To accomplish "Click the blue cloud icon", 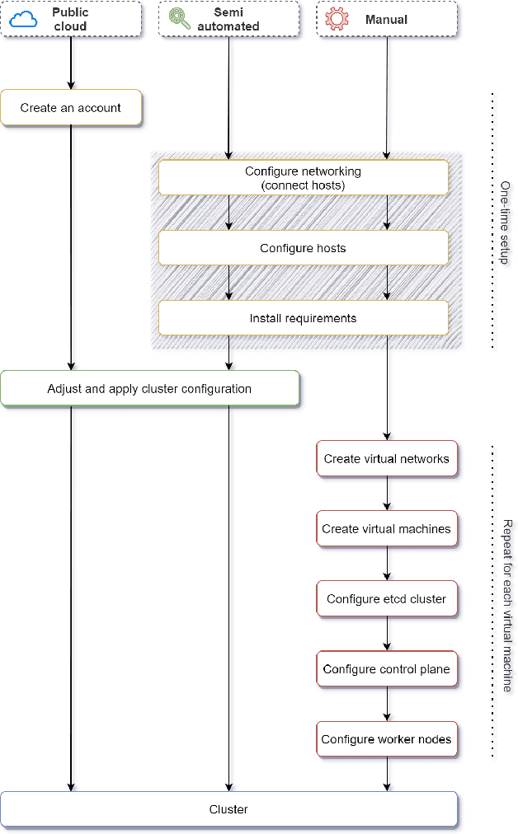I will point(24,19).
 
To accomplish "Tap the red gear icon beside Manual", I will point(337,19).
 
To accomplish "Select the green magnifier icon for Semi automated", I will point(180,19).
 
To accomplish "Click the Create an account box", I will point(71,108).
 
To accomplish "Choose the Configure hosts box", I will point(303,248).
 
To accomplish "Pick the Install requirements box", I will point(303,318).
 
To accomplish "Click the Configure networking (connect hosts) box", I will point(303,178).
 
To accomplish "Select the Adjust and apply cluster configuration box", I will point(149,388).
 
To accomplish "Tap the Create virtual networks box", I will point(386,458).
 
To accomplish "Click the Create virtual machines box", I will point(386,528).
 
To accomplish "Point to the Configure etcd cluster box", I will point(386,598).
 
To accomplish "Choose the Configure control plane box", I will point(386,668).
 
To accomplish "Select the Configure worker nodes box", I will point(386,739).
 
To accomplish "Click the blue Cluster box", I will point(228,809).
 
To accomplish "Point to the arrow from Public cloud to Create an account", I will point(71,63).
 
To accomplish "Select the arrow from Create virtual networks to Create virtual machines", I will point(387,494).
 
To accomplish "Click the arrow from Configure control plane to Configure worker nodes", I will point(387,704).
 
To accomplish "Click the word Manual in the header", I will point(386,19).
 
